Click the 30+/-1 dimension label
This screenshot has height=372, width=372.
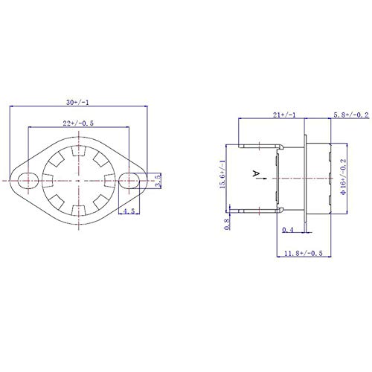[x=77, y=102]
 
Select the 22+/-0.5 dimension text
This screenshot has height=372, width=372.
[x=78, y=124]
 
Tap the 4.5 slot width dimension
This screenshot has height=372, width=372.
[x=129, y=211]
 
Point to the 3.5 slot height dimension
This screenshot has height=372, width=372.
[x=158, y=181]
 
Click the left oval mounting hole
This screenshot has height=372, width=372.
[x=28, y=181]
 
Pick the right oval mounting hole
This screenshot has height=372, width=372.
[x=129, y=181]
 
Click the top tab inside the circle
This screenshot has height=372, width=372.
[x=79, y=151]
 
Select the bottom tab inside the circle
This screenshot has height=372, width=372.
[x=79, y=211]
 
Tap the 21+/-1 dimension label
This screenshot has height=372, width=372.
[x=284, y=115]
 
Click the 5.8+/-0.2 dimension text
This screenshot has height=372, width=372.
[x=351, y=115]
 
